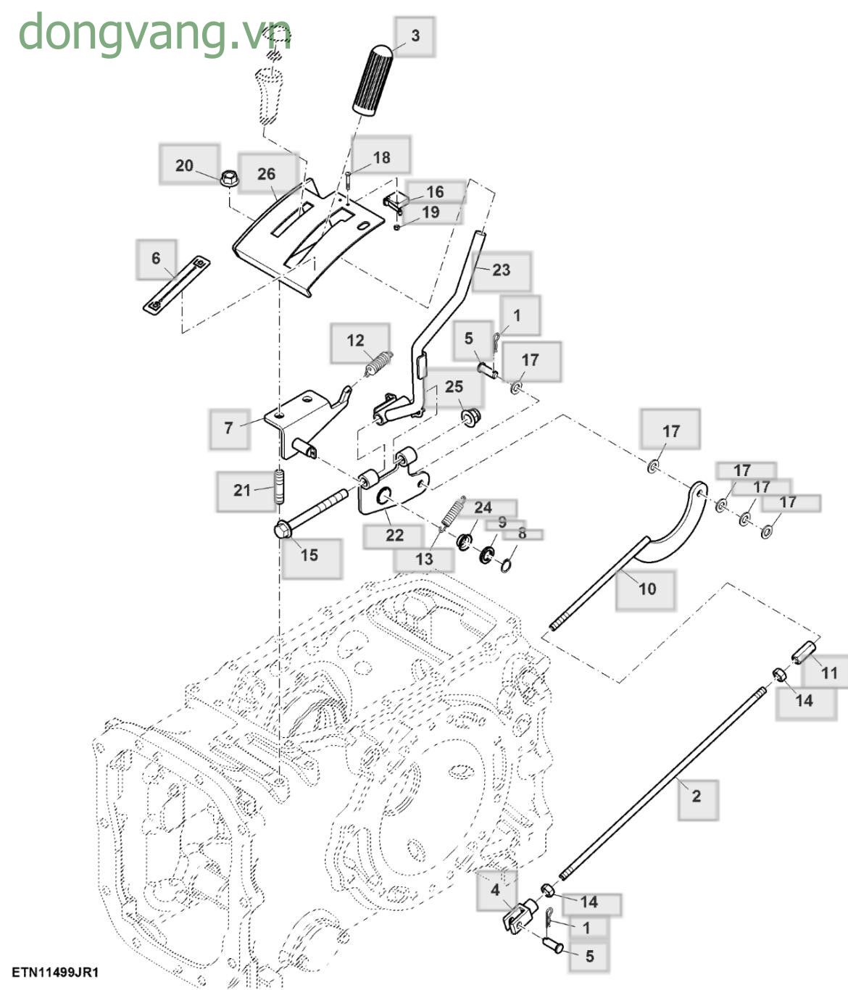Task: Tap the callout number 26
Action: tap(266, 174)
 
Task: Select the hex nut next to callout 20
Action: tap(226, 176)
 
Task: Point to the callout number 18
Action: tap(381, 157)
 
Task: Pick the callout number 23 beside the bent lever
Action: tap(501, 270)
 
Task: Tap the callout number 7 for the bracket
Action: tap(229, 428)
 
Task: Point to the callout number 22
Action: tap(394, 536)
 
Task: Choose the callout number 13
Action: tap(424, 559)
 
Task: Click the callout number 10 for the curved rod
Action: tap(647, 588)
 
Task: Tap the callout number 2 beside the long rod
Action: tap(696, 796)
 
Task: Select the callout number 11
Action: tap(828, 673)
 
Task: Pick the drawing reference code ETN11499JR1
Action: tap(54, 972)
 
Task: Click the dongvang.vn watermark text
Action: tap(154, 33)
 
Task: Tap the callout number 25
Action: tap(454, 386)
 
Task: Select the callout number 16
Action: tap(435, 192)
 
